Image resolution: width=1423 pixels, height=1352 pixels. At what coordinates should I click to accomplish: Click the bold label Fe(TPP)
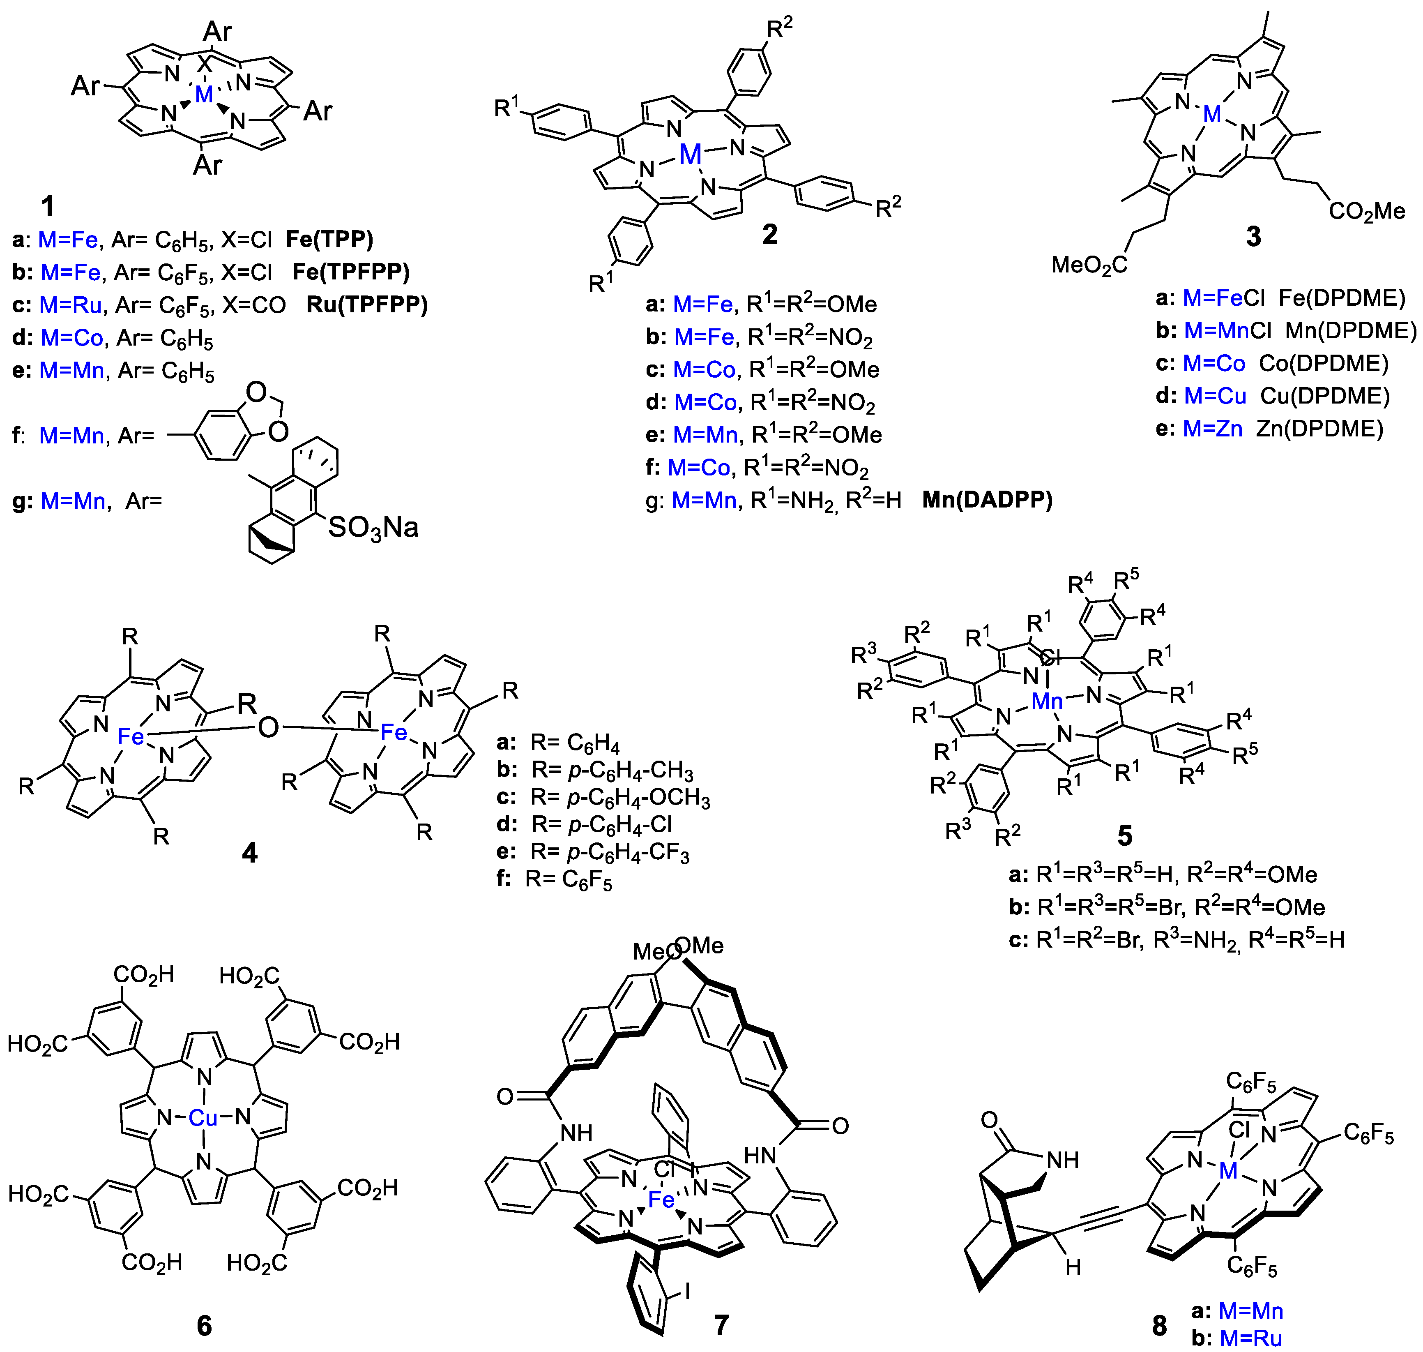329,239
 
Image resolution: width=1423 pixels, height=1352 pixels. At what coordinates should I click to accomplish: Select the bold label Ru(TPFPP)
367,305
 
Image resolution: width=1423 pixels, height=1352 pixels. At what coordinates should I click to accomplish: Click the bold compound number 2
769,234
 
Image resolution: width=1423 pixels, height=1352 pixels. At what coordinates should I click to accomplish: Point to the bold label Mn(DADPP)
987,500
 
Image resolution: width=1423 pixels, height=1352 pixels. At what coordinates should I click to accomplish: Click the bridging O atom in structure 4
268,728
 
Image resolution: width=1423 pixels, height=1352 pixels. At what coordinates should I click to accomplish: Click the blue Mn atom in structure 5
1047,701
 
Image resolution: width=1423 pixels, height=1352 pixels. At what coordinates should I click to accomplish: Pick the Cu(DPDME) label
1325,397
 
